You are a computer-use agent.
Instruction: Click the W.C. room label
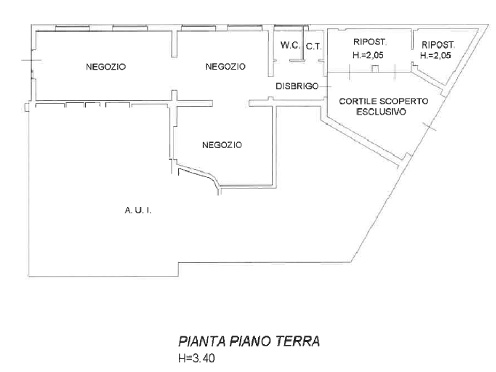point(290,45)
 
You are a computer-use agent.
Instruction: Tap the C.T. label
point(314,47)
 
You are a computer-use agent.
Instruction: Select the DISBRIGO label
point(297,86)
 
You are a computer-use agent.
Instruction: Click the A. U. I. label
point(138,210)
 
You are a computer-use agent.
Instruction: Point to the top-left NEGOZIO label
point(106,67)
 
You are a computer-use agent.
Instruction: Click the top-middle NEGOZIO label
point(226,67)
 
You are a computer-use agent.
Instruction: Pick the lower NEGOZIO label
point(222,145)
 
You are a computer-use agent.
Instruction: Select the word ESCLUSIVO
point(381,112)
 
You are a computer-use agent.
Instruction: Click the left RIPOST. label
point(370,42)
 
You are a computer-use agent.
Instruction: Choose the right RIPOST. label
point(438,45)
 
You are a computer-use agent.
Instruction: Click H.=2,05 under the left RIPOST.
point(368,55)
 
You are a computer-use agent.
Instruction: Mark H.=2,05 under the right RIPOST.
point(436,56)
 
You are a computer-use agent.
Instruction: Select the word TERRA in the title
point(298,342)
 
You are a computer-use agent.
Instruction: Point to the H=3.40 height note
point(197,359)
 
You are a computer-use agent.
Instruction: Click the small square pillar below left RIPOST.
point(375,69)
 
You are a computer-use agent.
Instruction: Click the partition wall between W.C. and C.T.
point(303,43)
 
